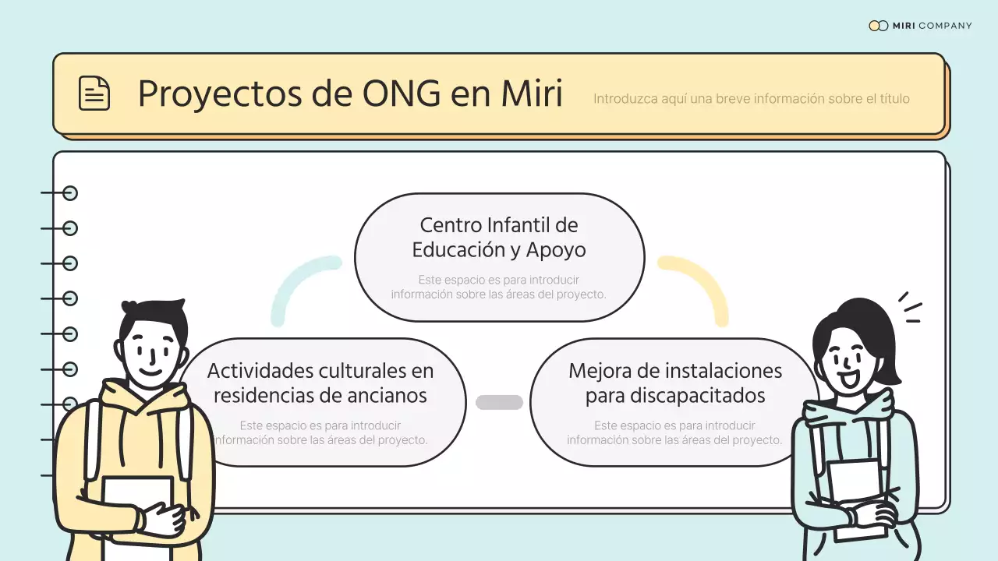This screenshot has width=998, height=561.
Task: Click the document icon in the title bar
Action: pyautogui.click(x=94, y=93)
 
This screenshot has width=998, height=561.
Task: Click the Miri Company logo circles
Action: pyautogui.click(x=878, y=26)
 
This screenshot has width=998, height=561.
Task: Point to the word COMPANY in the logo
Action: pyautogui.click(x=945, y=26)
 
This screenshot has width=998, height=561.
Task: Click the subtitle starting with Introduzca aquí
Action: pyautogui.click(x=751, y=99)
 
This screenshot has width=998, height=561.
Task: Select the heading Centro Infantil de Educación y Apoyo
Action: pyautogui.click(x=499, y=238)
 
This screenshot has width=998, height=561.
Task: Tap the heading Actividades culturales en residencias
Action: pyautogui.click(x=320, y=383)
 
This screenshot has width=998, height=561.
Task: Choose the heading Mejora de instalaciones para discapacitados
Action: pyautogui.click(x=674, y=383)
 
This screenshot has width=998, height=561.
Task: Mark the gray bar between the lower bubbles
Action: pyautogui.click(x=499, y=402)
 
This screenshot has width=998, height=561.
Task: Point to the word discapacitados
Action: pyautogui.click(x=674, y=396)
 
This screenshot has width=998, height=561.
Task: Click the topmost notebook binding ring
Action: pyautogui.click(x=70, y=193)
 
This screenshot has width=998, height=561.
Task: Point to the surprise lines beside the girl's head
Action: pyautogui.click(x=909, y=308)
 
